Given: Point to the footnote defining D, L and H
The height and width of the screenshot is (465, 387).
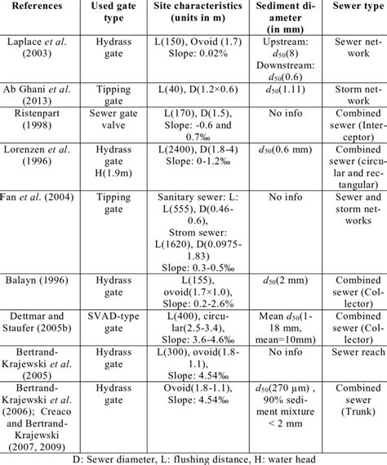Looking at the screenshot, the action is (193, 456).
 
